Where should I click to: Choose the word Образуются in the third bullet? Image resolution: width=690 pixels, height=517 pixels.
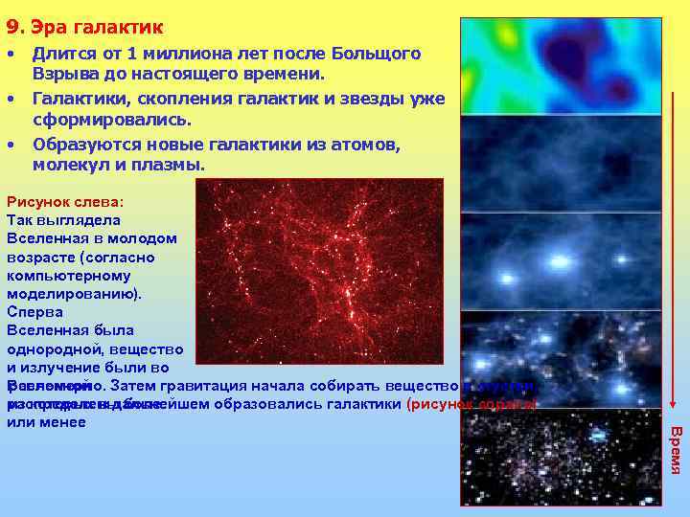click(x=82, y=144)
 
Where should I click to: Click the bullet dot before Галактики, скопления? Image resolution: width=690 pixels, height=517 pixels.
click(x=11, y=98)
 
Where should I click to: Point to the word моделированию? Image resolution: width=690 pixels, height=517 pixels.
click(x=73, y=293)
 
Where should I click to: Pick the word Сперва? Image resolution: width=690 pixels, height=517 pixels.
click(x=34, y=311)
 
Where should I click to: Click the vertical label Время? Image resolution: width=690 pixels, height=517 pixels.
click(x=676, y=450)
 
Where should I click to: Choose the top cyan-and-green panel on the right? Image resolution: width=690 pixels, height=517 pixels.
click(x=561, y=66)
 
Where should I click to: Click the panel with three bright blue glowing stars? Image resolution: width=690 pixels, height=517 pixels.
click(x=561, y=260)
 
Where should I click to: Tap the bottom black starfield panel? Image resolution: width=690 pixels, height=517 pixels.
click(x=561, y=458)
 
